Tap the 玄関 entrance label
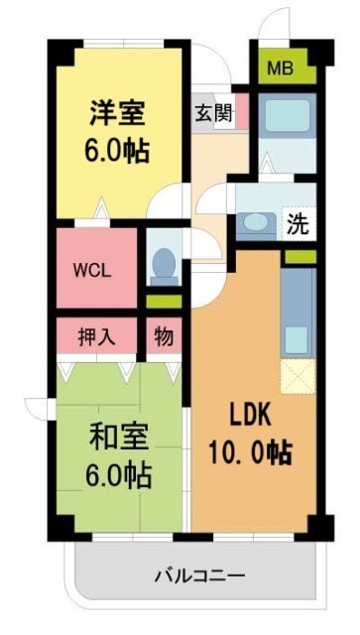pos(214,111)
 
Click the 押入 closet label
pos(97,335)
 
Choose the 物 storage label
pos(165,335)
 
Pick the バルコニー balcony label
pos(199,575)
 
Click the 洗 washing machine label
pos(297,223)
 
